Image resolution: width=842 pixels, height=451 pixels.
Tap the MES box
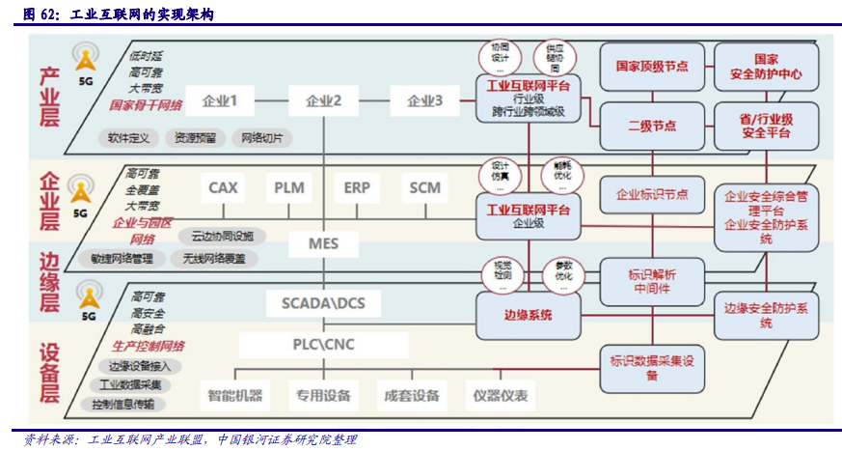324,243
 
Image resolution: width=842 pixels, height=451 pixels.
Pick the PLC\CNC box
324,345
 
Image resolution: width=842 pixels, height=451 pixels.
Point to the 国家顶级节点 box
652,67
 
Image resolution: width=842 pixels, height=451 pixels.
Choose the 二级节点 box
652,127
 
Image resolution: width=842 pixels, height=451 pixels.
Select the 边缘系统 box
528,313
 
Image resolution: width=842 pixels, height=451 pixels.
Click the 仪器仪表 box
501,395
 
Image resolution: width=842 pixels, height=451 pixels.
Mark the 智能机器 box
235,395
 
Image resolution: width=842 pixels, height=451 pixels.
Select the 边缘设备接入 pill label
140,366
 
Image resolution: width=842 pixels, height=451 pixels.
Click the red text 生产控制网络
149,346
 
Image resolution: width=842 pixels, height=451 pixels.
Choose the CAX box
224,187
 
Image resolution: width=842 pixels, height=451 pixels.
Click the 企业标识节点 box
652,194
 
